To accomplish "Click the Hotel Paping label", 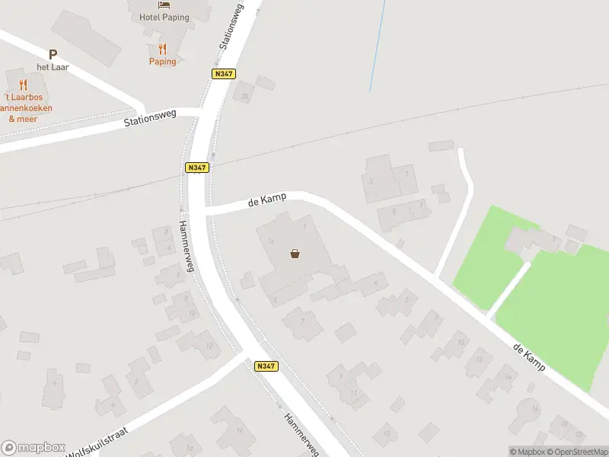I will coord(162,17).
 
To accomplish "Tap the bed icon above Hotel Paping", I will coord(162,5).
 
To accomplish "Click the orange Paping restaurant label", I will coord(162,62).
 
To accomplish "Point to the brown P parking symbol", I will coord(53,54).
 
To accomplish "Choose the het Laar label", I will coord(53,67).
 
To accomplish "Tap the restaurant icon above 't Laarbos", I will coord(23,85).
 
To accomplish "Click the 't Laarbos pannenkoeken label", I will coord(27,107).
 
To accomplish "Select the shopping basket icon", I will coord(295,254).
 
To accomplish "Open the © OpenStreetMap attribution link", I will coord(576,452).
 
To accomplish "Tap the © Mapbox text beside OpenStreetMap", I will coord(527,452).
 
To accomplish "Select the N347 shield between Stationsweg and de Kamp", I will coord(196,168).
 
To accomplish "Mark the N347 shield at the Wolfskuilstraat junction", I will coord(266,366).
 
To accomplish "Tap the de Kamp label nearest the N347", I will coord(267,200).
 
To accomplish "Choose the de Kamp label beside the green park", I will coord(529,357).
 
